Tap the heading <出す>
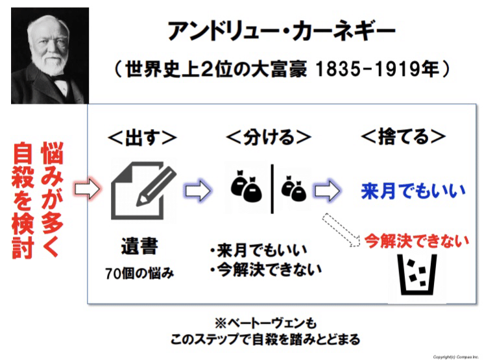(141, 138)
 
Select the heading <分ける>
(269, 138)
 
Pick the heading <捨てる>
(404, 138)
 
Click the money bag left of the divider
(247, 186)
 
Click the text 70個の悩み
(139, 273)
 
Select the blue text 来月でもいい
(413, 191)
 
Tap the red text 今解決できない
(416, 241)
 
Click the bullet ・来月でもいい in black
(258, 250)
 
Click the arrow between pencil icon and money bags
(199, 191)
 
